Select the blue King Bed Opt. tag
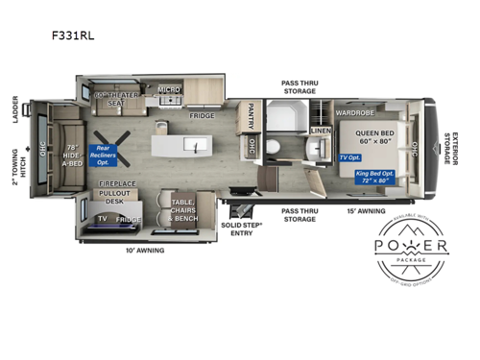[x=374, y=178]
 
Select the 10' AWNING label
[x=145, y=251]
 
